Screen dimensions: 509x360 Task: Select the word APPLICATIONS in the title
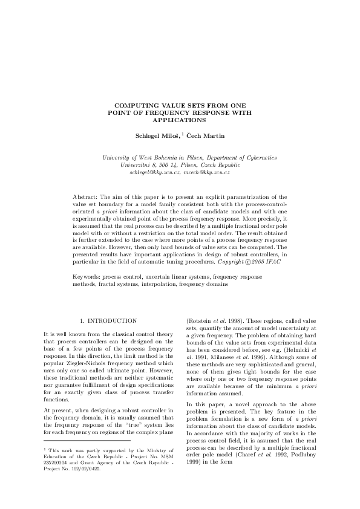(180, 119)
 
